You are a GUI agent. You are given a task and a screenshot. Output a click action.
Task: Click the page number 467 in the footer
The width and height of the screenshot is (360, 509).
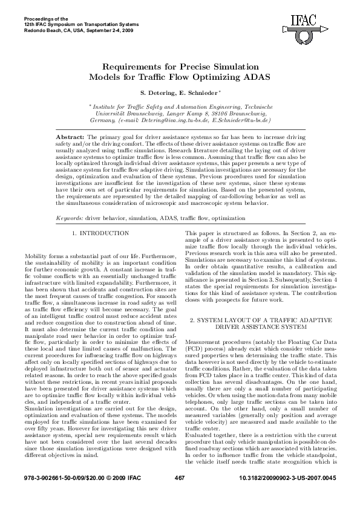(179, 496)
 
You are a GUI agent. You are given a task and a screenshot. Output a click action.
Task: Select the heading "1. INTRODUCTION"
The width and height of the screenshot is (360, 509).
(100, 233)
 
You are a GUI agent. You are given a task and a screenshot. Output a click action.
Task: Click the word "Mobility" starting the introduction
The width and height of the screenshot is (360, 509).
(36, 257)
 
